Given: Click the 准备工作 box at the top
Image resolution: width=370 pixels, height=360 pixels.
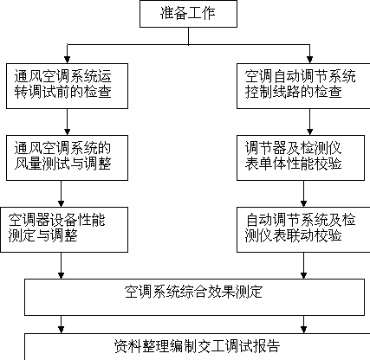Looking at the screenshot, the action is click(188, 14).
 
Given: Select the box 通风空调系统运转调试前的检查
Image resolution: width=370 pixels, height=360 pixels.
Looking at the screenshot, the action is click(67, 86).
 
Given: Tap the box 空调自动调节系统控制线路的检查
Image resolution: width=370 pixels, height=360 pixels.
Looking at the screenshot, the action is click(303, 86).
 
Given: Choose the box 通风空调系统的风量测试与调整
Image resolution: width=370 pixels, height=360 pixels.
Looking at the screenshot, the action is click(67, 157).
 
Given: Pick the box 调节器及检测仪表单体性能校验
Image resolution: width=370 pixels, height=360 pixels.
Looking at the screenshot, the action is click(301, 157).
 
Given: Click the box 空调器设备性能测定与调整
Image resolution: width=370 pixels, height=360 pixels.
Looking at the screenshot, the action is click(64, 229).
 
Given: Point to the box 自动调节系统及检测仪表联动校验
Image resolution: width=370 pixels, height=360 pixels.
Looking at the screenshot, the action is click(303, 229).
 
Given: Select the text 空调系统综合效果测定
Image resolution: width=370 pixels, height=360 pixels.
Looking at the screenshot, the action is click(193, 292).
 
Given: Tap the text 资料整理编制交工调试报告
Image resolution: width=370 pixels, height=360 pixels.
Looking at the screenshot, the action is click(197, 346).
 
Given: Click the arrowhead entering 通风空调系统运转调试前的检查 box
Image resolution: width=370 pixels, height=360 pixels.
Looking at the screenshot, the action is click(67, 60).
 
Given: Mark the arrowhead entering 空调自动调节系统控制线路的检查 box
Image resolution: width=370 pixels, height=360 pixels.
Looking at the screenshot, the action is click(309, 60).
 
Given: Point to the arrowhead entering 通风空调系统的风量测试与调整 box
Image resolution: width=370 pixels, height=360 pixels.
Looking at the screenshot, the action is click(67, 132).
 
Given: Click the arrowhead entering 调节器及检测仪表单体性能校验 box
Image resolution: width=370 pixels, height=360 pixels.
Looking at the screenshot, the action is click(309, 132).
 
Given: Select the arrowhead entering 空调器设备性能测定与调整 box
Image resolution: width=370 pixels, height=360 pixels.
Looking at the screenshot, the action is click(61, 203).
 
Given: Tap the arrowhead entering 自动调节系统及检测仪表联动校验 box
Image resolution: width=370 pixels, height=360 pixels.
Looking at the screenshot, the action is click(303, 203).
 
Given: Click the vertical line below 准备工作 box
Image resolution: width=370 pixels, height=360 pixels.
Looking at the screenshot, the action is click(189, 36).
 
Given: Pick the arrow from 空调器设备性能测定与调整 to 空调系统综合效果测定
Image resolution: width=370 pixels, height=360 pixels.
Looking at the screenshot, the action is click(61, 266).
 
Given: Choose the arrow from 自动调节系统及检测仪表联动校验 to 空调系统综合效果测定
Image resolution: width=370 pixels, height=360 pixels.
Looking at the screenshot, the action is click(303, 266).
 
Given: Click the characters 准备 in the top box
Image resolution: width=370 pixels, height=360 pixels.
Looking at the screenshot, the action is click(174, 13).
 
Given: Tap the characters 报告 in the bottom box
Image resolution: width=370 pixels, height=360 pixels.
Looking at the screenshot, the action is click(266, 346).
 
